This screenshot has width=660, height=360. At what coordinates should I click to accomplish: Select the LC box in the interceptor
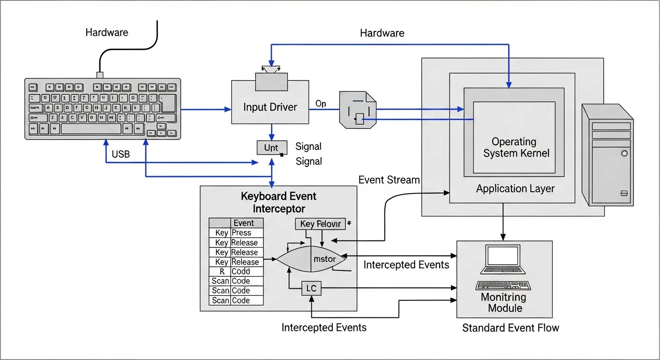(x=311, y=288)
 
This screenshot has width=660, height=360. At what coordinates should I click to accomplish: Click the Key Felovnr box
(x=320, y=224)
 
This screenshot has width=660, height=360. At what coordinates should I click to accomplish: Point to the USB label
(x=121, y=154)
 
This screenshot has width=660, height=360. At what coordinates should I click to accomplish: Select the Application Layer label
(x=515, y=188)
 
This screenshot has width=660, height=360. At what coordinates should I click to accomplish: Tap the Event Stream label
(x=389, y=180)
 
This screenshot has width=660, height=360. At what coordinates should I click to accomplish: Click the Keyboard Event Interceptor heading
(x=278, y=202)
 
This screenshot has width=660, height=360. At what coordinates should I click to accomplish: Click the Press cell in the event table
(x=247, y=233)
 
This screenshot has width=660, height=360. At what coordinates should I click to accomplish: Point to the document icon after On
(x=358, y=110)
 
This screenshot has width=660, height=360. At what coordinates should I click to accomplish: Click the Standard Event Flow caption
(x=510, y=328)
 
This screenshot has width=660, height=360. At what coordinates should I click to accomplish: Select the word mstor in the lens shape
(x=324, y=259)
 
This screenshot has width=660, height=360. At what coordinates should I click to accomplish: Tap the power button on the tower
(x=624, y=153)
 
